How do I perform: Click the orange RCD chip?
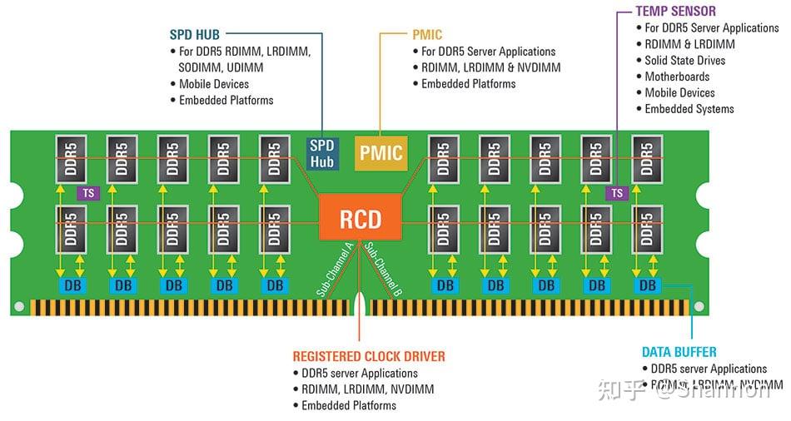[361, 219]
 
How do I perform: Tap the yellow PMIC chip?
[381, 152]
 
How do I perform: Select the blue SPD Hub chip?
[321, 152]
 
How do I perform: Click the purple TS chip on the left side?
[87, 193]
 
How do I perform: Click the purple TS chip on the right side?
[616, 193]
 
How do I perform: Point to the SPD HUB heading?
[196, 35]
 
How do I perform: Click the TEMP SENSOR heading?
[675, 11]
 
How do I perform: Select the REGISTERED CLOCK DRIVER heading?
[369, 356]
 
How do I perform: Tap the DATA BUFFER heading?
[679, 352]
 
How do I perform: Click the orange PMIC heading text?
[427, 35]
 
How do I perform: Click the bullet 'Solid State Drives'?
[684, 60]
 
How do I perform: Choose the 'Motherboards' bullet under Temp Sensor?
[677, 77]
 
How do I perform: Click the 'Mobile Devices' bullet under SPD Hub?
[214, 84]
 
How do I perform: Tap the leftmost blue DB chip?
[70, 285]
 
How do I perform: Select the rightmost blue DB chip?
[647, 285]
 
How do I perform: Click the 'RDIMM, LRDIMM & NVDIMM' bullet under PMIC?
[488, 67]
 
